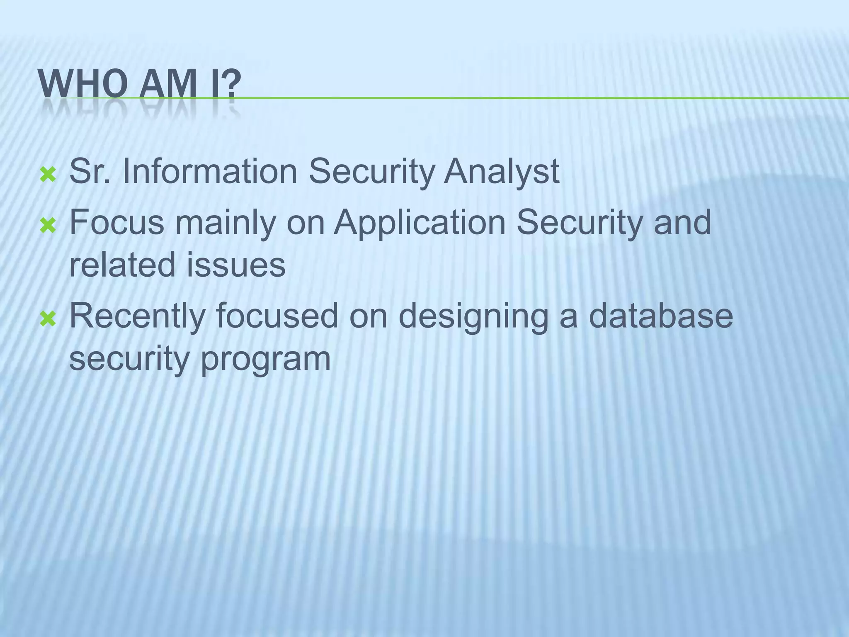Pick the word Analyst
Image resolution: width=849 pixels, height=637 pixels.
click(x=502, y=173)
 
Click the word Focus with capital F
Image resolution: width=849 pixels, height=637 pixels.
click(x=117, y=223)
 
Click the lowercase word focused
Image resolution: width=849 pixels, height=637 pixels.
click(x=277, y=316)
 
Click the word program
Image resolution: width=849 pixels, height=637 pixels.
click(x=266, y=360)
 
